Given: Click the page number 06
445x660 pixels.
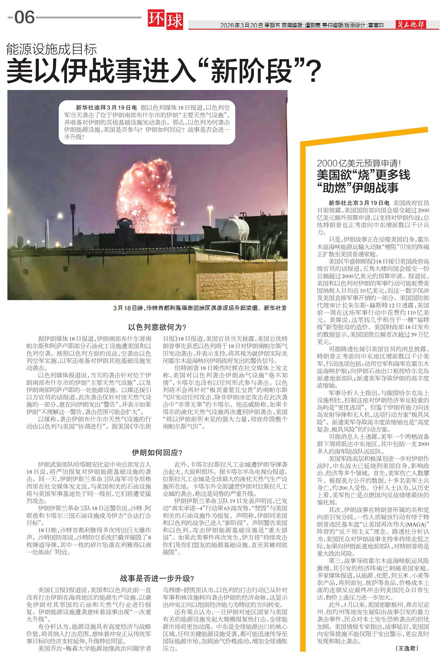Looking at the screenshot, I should pos(24,17).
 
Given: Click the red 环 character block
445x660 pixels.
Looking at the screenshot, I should pos(156,20).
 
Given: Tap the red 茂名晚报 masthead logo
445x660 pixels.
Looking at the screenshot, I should pos(410,25).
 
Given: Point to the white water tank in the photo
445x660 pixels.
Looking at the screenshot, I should pos(235,227).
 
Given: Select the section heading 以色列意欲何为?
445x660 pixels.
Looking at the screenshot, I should pos(157,327).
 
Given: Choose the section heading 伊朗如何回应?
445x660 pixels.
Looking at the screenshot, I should pos(157,452).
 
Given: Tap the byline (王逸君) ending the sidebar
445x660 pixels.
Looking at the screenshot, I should pos(407,648).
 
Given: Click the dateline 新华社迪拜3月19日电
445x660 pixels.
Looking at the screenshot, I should pos(106,108).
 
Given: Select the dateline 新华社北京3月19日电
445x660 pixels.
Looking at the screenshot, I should pos(359,203).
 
